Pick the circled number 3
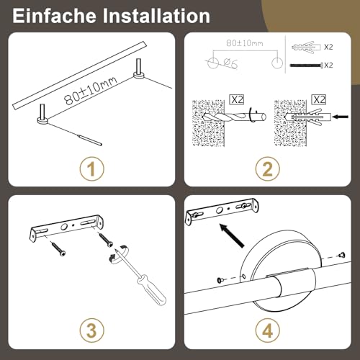[91, 330]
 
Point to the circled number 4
[267, 330]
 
